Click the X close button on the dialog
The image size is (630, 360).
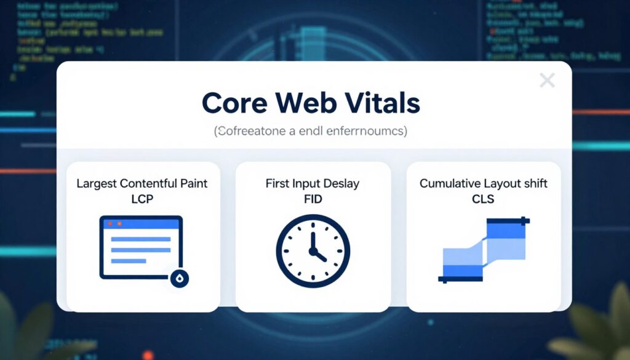[x=547, y=80]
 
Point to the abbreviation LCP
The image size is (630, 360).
[x=142, y=199]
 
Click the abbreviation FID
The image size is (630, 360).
[x=313, y=199]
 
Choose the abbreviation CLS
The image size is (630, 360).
[x=484, y=199]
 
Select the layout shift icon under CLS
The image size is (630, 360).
[x=484, y=249]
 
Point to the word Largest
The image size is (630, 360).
[x=97, y=183]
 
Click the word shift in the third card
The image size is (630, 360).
[x=534, y=183]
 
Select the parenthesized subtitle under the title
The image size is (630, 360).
[x=311, y=131]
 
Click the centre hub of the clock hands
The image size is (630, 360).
[x=313, y=251]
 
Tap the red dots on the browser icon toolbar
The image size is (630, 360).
[x=115, y=223]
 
